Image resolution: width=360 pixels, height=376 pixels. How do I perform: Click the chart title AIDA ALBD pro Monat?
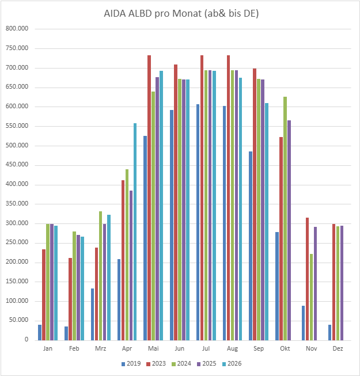point(180,14)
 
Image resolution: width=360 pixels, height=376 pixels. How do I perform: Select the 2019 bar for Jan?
point(40,332)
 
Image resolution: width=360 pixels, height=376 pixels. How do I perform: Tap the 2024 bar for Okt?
point(285,218)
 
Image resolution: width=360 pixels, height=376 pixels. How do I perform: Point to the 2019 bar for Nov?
point(304,322)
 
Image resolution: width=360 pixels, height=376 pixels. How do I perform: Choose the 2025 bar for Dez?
point(342,283)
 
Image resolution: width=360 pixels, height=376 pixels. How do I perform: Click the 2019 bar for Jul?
point(198,222)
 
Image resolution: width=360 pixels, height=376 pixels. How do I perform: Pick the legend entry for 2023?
point(156,363)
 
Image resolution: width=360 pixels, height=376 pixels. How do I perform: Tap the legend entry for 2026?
point(232,363)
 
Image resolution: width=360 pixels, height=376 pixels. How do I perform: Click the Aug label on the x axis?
point(232,349)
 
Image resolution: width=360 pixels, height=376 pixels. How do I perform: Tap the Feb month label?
point(74,349)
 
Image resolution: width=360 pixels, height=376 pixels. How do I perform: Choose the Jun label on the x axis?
point(179,349)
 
